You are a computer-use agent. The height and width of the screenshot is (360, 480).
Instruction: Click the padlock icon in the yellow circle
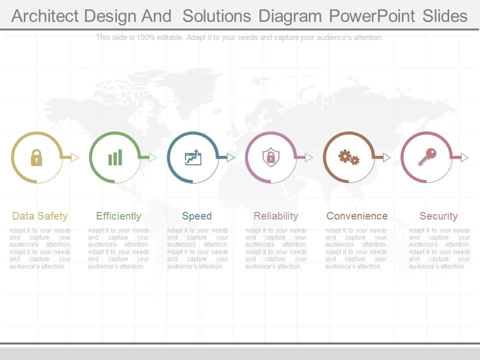[x=36, y=157]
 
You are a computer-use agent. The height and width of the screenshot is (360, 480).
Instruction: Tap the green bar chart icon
[x=115, y=157]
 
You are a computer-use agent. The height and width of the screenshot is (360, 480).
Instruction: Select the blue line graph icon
[x=193, y=157]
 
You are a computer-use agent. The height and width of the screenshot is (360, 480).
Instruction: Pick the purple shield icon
[x=270, y=157]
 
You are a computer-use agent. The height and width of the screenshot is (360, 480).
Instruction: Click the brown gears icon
[x=349, y=157]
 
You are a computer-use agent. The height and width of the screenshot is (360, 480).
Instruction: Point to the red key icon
[x=427, y=157]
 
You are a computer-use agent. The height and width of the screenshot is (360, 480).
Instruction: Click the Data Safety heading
[x=40, y=216]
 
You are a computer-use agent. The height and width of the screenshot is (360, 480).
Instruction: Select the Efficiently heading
[x=118, y=216]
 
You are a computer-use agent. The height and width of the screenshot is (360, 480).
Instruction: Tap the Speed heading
[x=197, y=216]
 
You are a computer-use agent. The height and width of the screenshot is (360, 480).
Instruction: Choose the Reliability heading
[x=276, y=216]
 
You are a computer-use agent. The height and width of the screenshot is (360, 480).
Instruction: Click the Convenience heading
[x=357, y=216]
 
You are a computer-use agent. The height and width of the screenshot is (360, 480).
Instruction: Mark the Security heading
[x=438, y=216]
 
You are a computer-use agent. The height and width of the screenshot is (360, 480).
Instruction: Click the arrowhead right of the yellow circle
[x=75, y=157]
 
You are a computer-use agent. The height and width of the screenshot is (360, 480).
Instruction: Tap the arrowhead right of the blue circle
[x=231, y=157]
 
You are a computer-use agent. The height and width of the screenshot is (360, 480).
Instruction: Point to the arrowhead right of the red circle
[x=464, y=157]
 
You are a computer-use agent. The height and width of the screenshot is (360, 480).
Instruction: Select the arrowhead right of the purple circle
[x=309, y=157]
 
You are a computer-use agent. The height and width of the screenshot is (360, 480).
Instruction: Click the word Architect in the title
[x=45, y=16]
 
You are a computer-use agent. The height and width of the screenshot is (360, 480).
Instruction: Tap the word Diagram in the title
[x=290, y=16]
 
